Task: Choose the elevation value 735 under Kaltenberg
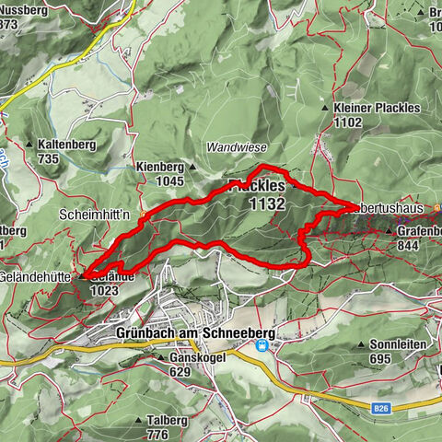point(49,158)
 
